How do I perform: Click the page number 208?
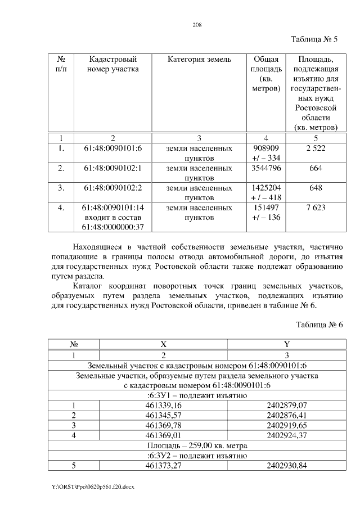tap(197, 25)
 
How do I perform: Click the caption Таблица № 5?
tap(313, 39)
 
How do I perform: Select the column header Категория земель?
tap(199, 59)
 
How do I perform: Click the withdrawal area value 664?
tap(315, 168)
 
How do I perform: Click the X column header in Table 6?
tap(163, 344)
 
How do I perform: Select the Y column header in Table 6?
tap(287, 344)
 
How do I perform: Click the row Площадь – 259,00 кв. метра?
tap(196, 445)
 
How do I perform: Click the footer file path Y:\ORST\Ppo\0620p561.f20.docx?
tap(90, 485)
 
